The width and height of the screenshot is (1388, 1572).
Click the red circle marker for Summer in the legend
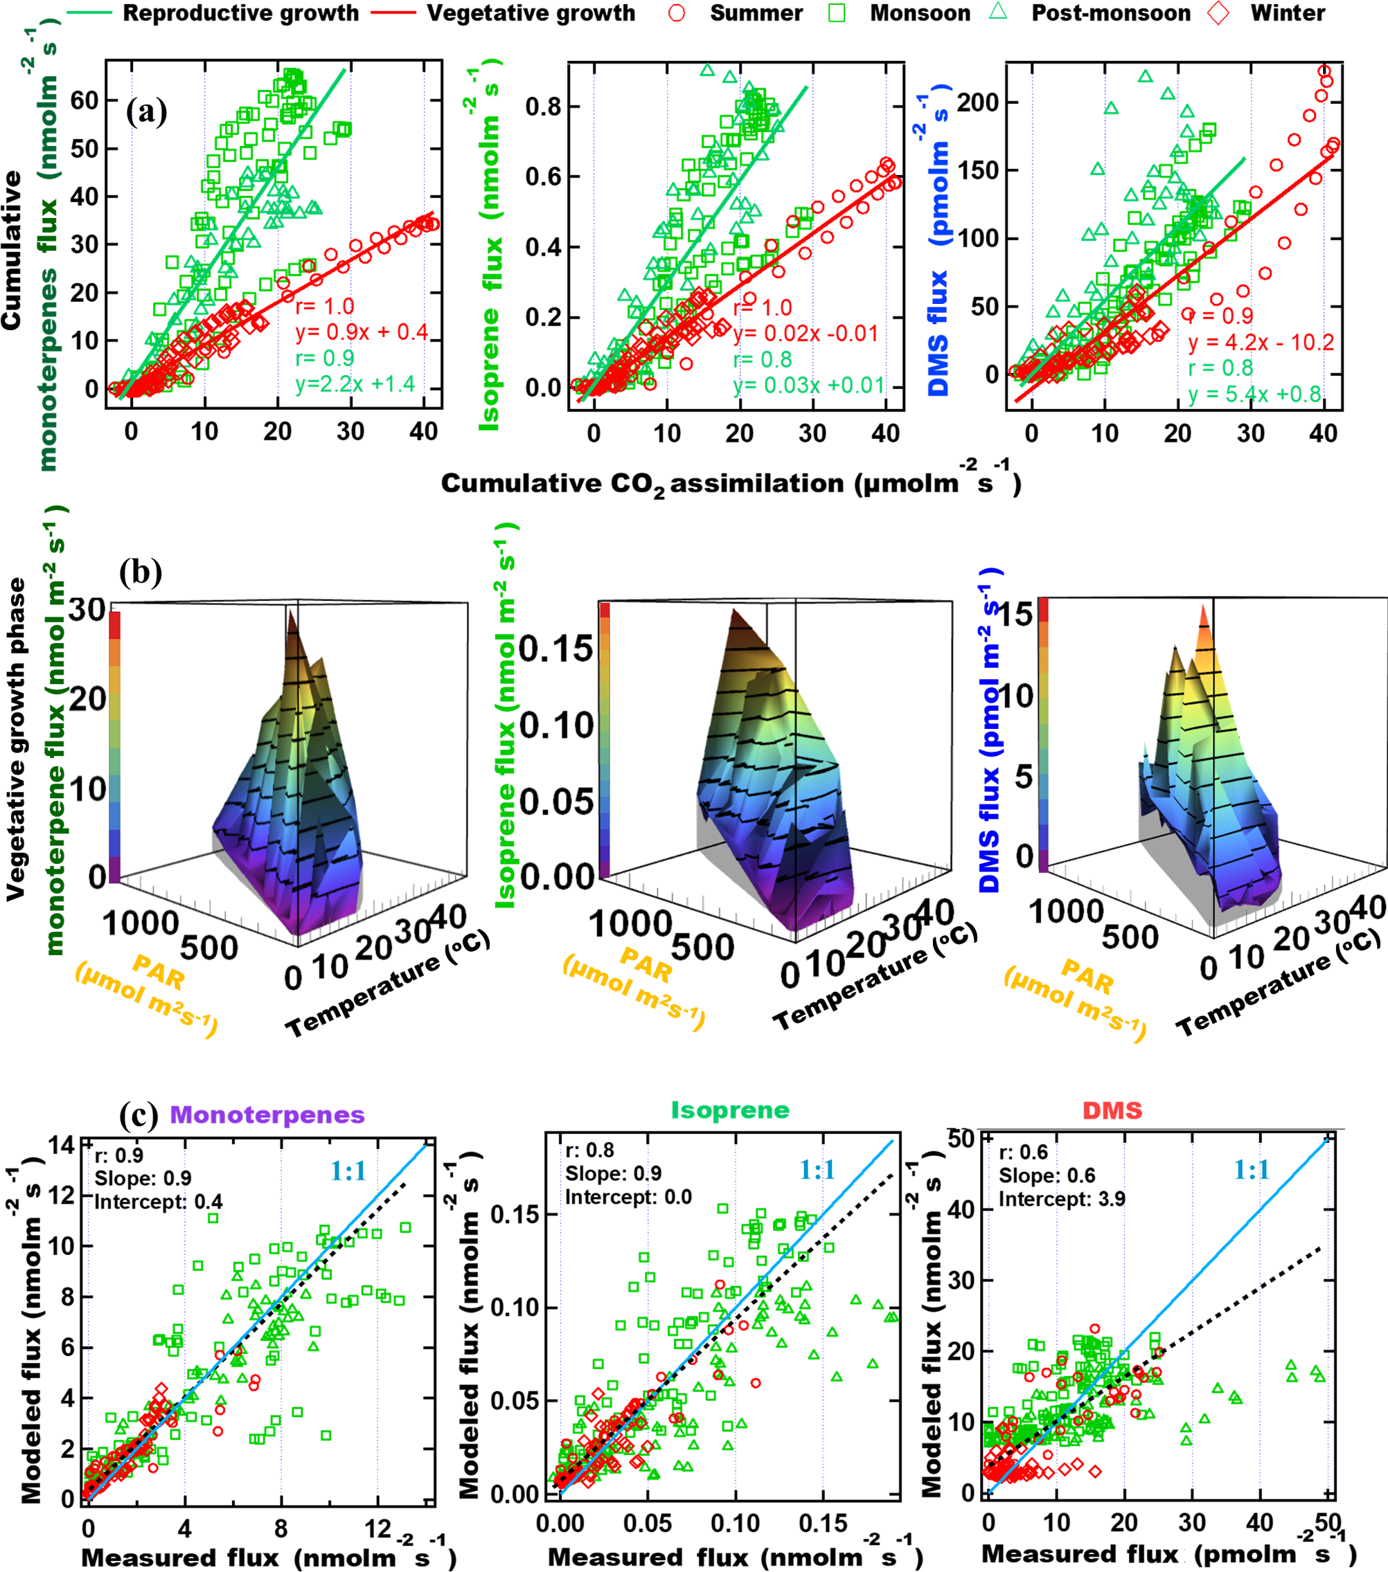click(x=676, y=13)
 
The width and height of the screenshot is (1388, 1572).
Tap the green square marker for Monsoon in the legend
click(x=837, y=13)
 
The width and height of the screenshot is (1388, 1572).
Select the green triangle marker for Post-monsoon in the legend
click(x=999, y=12)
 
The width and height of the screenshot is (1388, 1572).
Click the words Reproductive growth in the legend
click(x=240, y=13)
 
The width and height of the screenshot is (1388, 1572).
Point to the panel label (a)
click(x=146, y=111)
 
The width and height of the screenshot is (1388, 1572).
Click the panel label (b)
click(x=140, y=572)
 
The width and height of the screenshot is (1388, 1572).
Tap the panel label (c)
click(x=139, y=1114)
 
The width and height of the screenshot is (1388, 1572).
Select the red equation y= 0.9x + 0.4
click(x=362, y=332)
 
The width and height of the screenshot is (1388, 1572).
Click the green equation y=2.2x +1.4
click(x=355, y=383)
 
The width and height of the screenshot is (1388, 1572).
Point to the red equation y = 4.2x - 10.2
click(x=1261, y=341)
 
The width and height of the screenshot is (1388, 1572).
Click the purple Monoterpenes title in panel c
click(x=267, y=1114)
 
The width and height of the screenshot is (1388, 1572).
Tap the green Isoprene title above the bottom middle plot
click(x=729, y=1110)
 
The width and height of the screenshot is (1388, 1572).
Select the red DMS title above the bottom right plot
click(x=1112, y=1110)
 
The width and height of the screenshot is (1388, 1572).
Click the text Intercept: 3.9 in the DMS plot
click(x=1061, y=1199)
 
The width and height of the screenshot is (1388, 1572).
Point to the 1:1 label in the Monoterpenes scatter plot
click(x=348, y=1171)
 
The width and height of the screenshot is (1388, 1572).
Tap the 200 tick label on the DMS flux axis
click(x=977, y=102)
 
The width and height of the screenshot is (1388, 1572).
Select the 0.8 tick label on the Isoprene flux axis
click(x=543, y=107)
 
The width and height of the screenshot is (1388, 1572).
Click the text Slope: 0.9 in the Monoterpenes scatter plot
click(x=143, y=1178)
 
